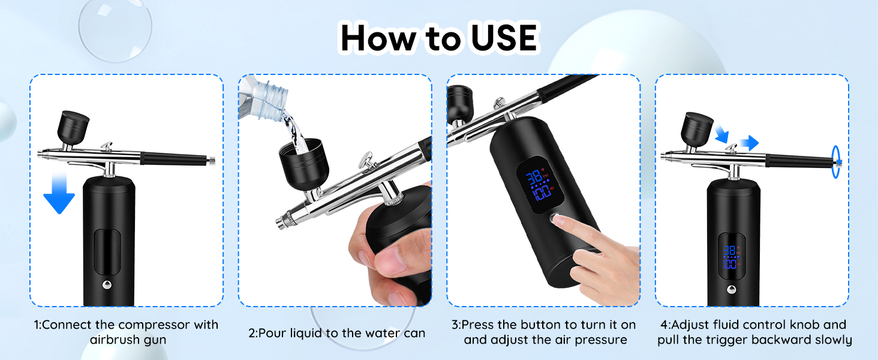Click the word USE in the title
pos(504,38)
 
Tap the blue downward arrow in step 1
pos(59,192)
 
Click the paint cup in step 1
pos(73,127)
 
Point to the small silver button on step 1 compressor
pos(107,284)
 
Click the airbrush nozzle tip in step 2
pos(279,224)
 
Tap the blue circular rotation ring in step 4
pos(835,162)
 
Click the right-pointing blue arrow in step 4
pos(748,143)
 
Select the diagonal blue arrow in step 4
pos(721,133)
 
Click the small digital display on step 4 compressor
pos(731,256)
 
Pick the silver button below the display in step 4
pos(731,289)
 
